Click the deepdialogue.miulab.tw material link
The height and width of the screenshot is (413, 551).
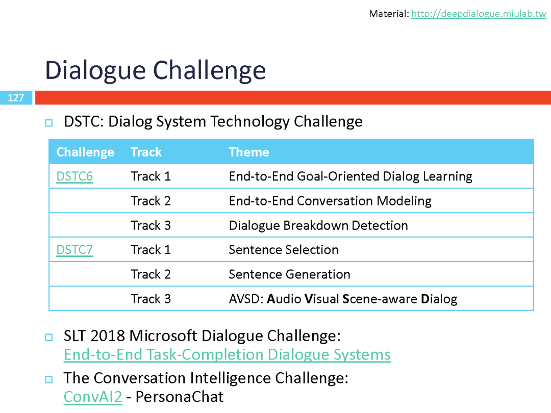[x=479, y=14]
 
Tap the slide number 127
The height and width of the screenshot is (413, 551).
[x=16, y=97]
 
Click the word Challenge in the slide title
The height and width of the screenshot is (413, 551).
[x=210, y=70]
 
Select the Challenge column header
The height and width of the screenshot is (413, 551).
[x=85, y=152]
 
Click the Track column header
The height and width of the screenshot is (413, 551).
[x=146, y=152]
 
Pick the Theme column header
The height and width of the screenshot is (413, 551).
[x=249, y=152]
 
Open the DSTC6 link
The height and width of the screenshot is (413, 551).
[x=74, y=176]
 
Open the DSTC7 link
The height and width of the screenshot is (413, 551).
[x=74, y=250]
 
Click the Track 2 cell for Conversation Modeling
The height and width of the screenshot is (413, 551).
[x=151, y=201]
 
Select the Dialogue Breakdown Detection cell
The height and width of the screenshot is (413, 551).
[x=318, y=225]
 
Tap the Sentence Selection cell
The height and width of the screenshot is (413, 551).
[x=284, y=250]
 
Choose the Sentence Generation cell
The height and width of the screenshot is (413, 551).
[x=290, y=274]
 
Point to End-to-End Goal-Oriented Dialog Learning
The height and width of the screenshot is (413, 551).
[x=350, y=176]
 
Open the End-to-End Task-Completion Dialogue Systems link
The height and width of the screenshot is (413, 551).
[x=227, y=355]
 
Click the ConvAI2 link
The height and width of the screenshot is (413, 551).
[x=93, y=397]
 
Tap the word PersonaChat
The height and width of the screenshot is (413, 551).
[x=180, y=397]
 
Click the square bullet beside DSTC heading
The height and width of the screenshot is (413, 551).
[x=49, y=123]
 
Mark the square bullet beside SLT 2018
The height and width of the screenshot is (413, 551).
[x=49, y=337]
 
